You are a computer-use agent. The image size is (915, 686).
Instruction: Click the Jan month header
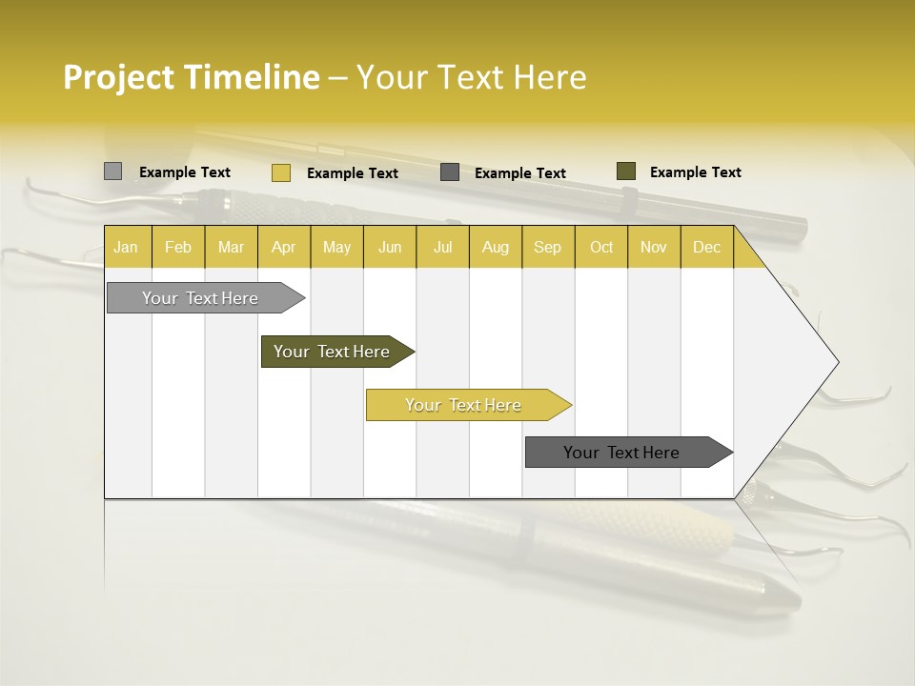coord(127,247)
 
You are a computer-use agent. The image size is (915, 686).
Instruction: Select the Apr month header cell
coord(283,247)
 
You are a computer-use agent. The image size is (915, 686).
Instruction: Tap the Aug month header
coord(495,247)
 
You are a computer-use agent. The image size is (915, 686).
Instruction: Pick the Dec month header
coord(706,247)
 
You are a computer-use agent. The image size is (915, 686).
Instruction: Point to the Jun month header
coord(389,247)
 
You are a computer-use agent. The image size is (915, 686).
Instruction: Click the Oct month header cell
coord(600,247)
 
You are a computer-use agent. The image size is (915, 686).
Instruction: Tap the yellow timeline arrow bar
coord(464,405)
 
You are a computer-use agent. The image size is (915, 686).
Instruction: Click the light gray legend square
coord(112,171)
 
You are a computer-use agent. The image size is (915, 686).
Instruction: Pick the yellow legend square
coord(280,172)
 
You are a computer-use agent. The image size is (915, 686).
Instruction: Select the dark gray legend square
coord(450,172)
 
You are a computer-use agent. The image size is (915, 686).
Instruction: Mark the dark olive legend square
coord(625,171)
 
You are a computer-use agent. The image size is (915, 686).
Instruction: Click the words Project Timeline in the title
coord(191,77)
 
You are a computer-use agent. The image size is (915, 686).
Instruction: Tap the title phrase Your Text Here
coord(471,77)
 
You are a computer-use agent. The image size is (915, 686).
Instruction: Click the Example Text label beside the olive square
coord(695,172)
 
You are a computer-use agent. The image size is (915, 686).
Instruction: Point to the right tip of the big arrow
coord(837,361)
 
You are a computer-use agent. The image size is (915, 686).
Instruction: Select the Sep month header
coord(547,247)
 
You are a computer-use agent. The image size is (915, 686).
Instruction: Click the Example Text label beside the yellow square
coord(352,173)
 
